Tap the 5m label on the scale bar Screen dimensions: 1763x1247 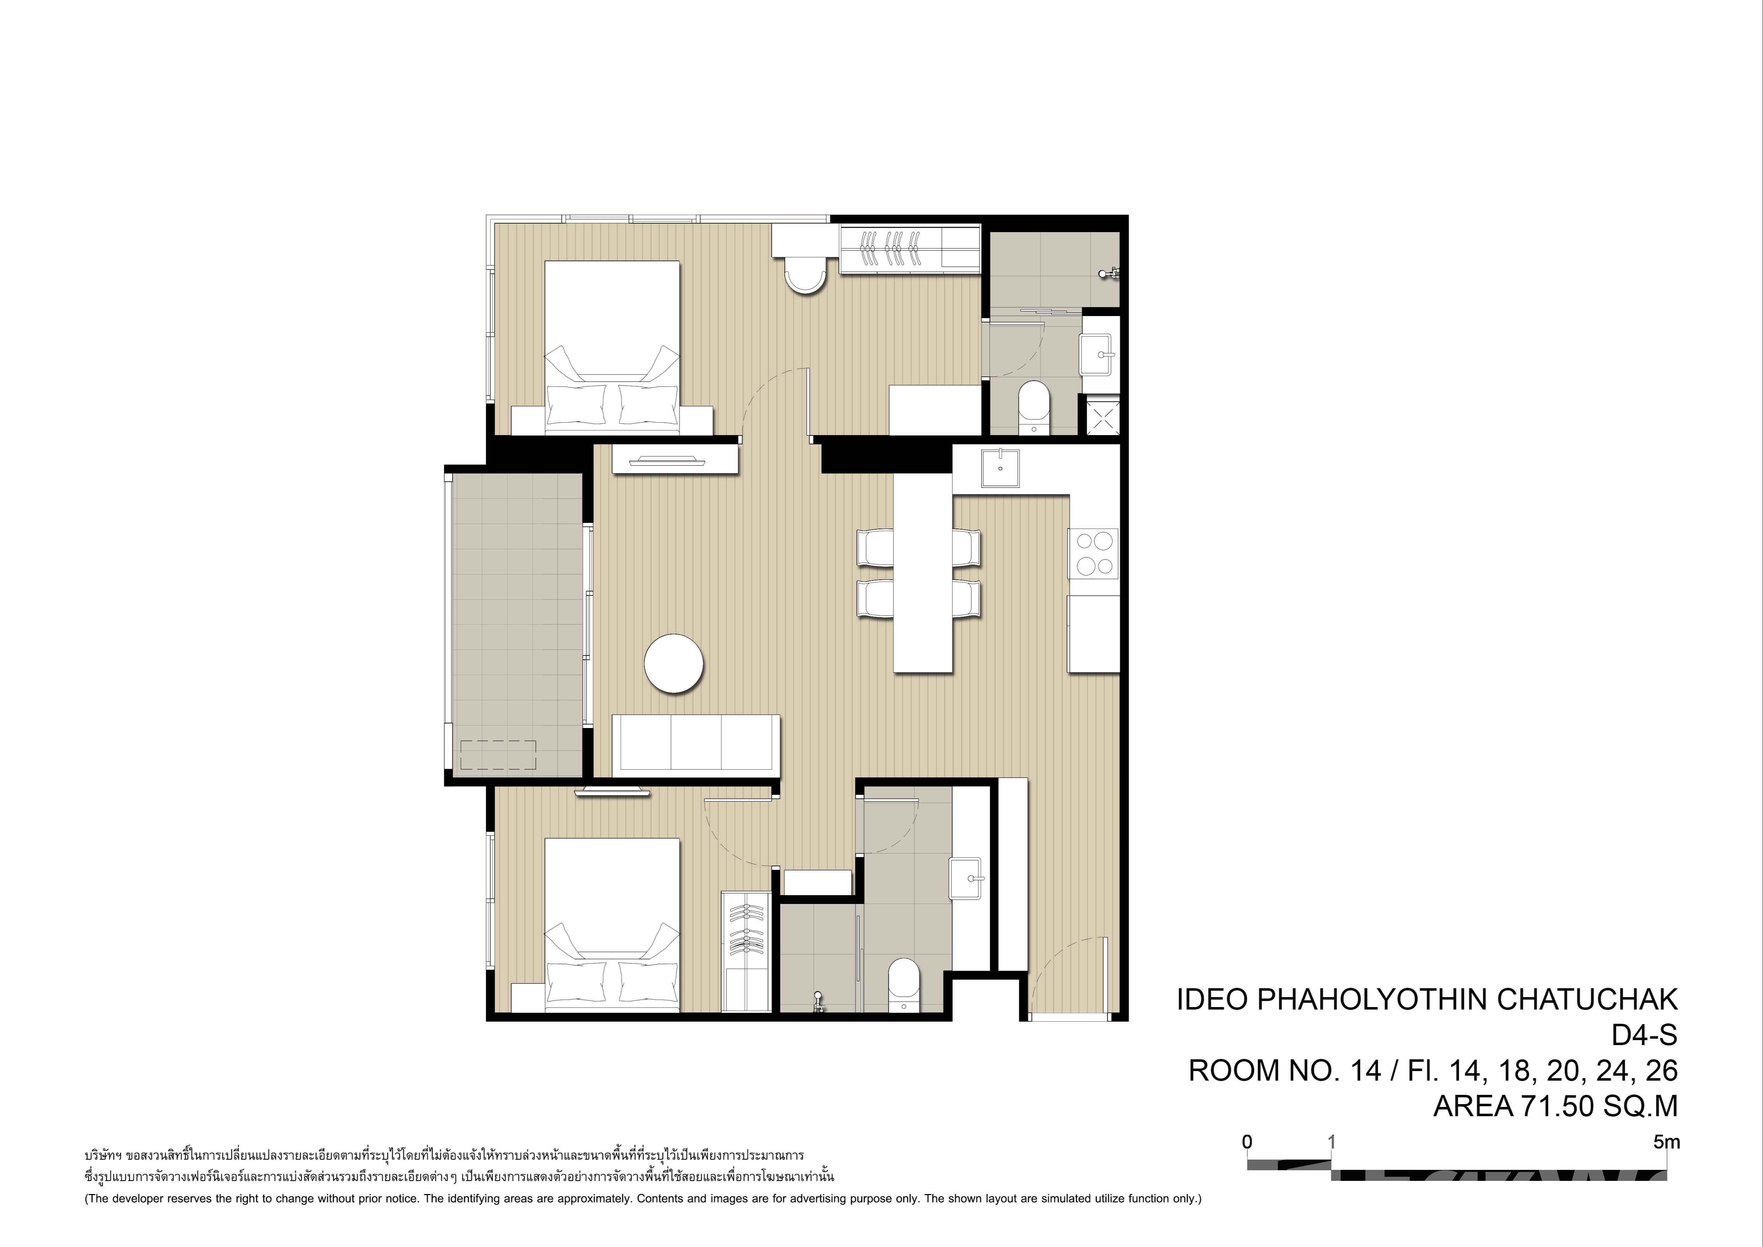(x=1667, y=1142)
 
